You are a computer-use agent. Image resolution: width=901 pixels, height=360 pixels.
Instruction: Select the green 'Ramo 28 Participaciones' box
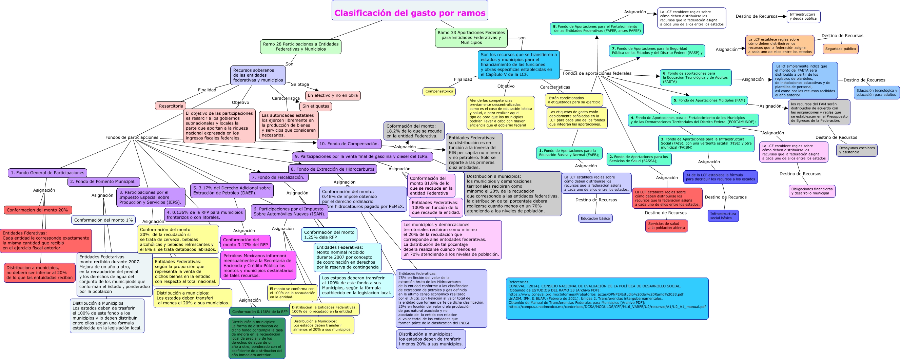coord(300,46)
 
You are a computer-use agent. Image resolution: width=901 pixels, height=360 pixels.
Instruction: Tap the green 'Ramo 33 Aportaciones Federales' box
coord(471,37)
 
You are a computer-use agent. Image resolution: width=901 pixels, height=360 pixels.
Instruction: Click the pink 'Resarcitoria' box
coord(171,106)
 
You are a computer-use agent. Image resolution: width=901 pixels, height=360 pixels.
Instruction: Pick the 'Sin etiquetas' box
coord(315,106)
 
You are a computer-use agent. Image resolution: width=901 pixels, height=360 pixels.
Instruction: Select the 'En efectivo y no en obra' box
coord(333,95)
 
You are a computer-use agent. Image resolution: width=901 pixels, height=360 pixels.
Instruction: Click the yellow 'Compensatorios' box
coord(439,91)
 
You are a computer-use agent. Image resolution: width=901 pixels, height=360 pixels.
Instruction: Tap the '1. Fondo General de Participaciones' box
coord(47,172)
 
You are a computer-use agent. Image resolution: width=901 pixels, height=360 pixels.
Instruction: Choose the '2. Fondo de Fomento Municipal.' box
coord(103,182)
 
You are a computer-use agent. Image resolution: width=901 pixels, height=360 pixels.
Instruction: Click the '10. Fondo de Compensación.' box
coord(349,144)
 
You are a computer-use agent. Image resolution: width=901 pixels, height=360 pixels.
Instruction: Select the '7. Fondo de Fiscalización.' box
coord(278,177)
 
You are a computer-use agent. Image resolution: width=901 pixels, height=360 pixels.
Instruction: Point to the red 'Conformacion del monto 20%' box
coord(37,210)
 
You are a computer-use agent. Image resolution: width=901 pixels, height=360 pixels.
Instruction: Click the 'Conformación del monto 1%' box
coord(103,220)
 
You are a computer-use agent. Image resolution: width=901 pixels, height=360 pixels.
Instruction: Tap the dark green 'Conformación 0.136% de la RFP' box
coord(259,312)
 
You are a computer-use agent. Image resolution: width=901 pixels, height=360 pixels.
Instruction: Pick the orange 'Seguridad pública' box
coord(840,49)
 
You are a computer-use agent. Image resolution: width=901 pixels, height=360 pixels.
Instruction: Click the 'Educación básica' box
coord(595,218)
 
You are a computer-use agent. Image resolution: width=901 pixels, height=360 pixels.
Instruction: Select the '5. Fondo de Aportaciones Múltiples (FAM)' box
coord(709,100)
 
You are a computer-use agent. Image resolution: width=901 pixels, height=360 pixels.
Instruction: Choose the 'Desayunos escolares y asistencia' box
coord(857,150)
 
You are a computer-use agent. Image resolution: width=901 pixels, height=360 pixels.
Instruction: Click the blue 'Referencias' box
coord(607,299)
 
